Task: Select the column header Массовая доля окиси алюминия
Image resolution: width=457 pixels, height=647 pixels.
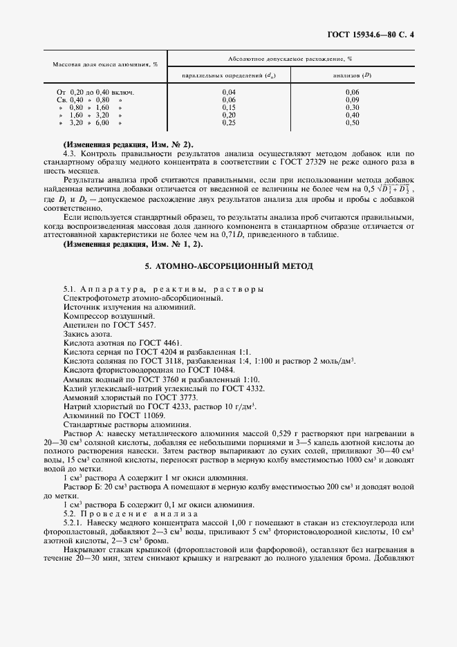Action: coord(105,64)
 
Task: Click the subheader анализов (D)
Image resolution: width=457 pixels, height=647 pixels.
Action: coord(352,75)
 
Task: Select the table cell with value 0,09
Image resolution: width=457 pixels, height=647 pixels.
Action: coord(352,100)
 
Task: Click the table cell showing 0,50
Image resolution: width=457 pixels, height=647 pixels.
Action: coord(352,122)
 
